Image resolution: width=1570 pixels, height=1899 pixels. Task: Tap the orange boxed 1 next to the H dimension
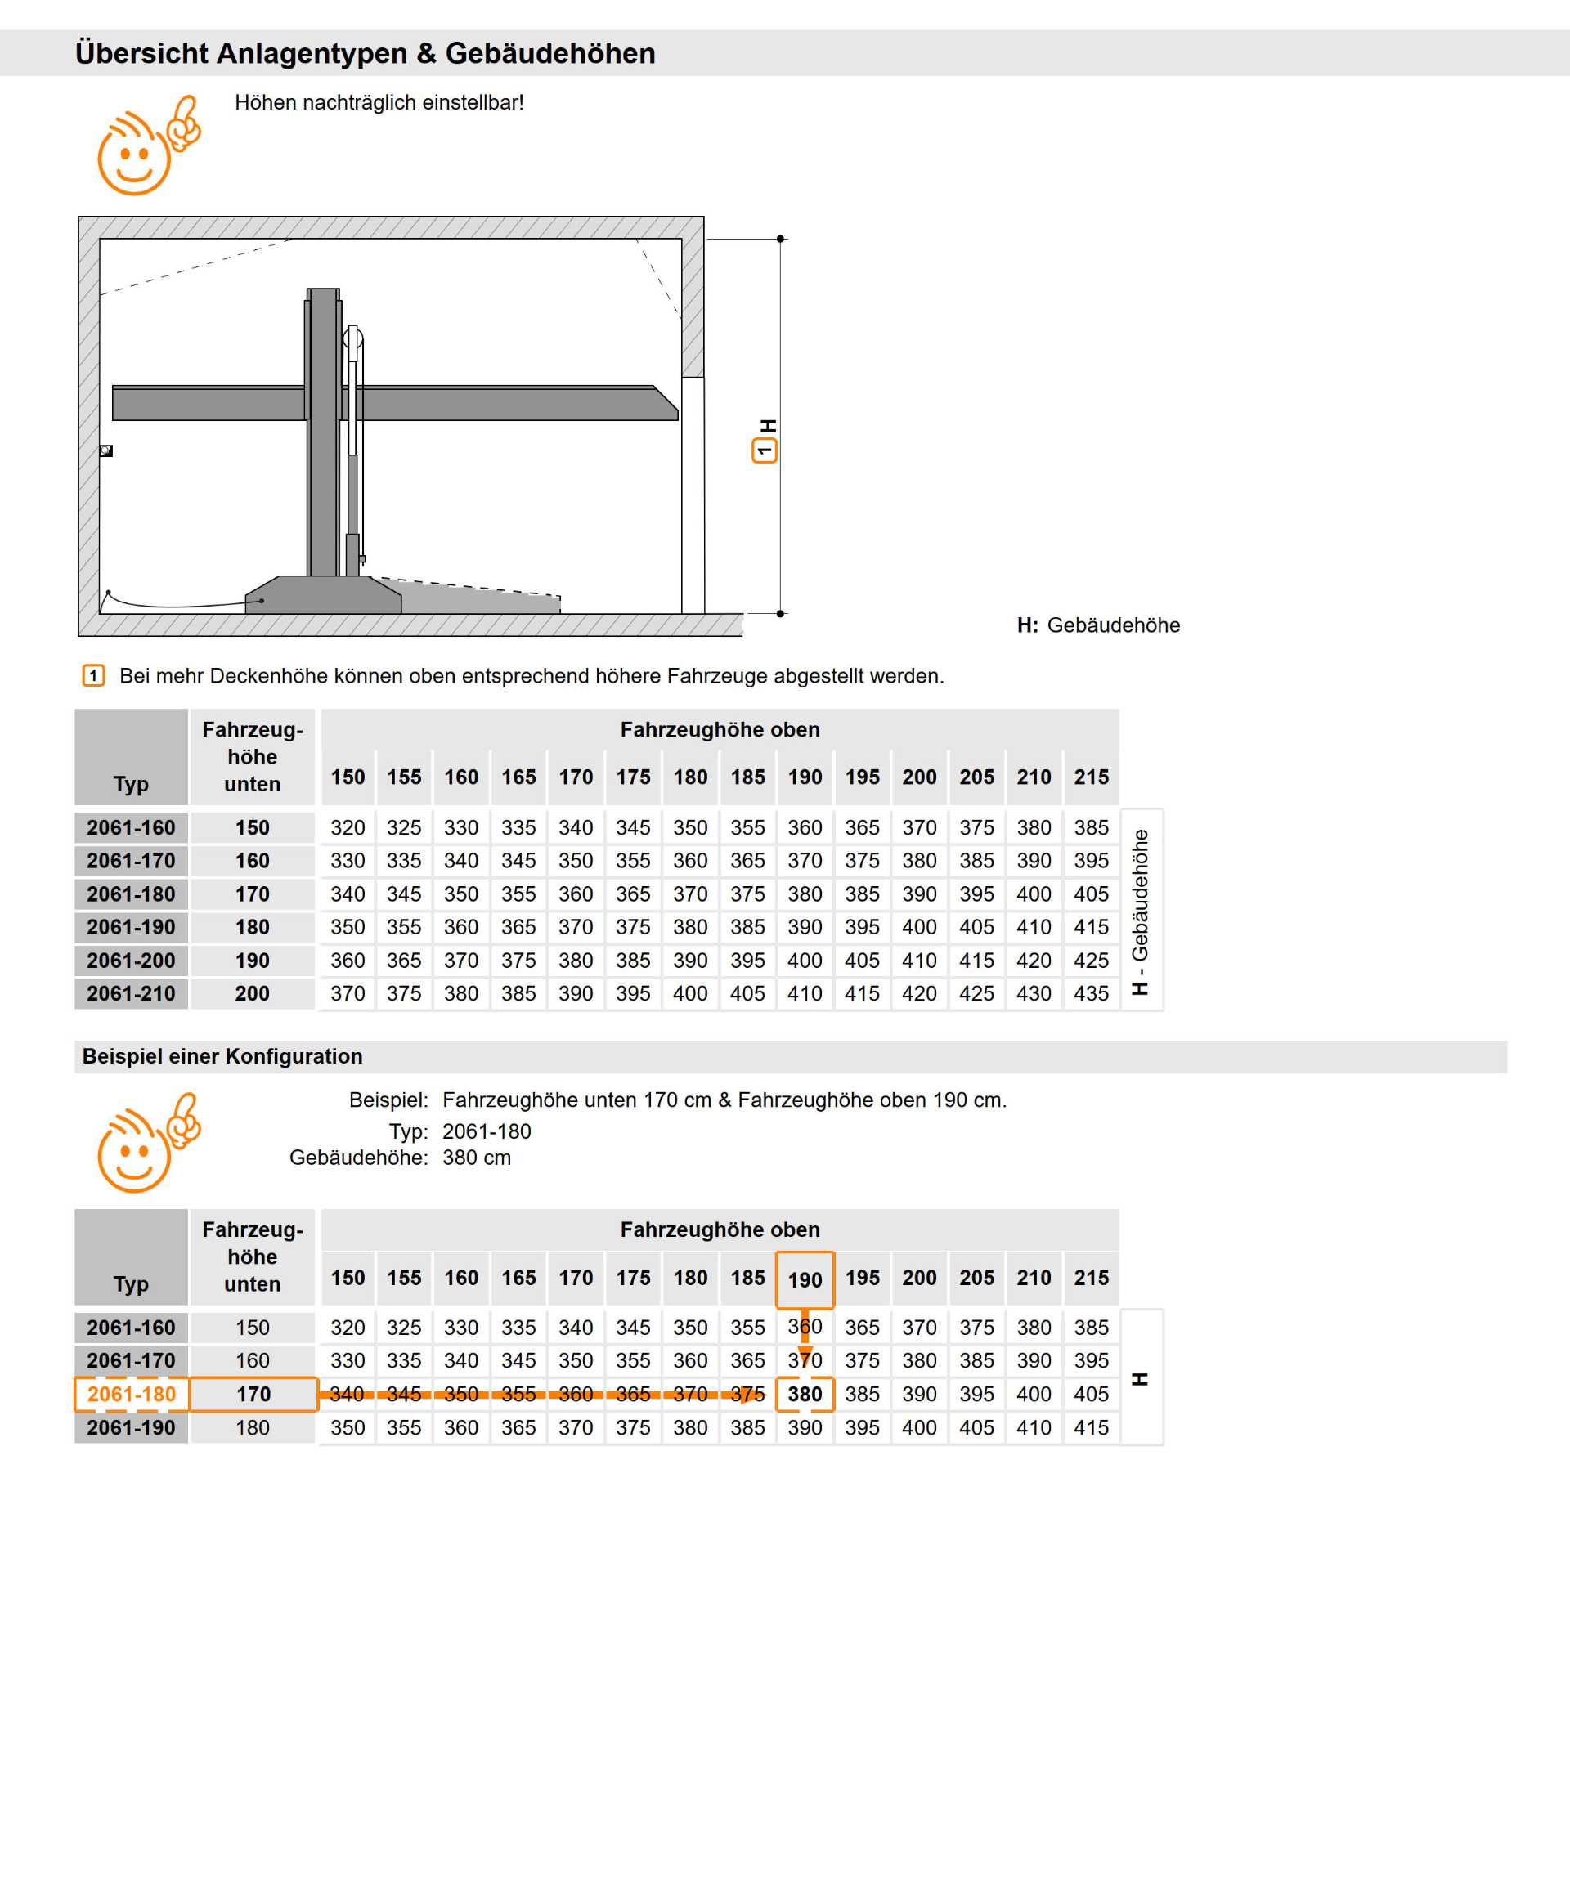tap(765, 450)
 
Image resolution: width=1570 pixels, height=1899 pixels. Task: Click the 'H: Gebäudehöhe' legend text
tap(1098, 625)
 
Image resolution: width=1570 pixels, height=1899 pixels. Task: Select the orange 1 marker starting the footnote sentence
tap(93, 675)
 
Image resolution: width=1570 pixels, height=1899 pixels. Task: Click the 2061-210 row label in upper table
tap(131, 993)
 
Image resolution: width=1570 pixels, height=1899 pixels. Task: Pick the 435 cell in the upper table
tap(1091, 993)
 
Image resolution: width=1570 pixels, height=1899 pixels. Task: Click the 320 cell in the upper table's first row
tap(348, 827)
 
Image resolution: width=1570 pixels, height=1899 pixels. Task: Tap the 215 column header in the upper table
tap(1091, 777)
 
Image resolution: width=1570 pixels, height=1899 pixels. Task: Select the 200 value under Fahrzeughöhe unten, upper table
tap(253, 993)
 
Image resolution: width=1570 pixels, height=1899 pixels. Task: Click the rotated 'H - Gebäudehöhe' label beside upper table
tap(1141, 911)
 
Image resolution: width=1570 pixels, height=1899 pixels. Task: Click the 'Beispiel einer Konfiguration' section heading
tap(222, 1056)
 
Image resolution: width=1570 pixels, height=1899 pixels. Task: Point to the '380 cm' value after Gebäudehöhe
tap(477, 1158)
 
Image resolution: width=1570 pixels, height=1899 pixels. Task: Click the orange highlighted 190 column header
tap(805, 1279)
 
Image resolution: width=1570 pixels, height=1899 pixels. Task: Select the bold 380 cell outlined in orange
tap(805, 1394)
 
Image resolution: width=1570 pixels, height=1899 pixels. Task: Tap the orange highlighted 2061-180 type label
tap(131, 1394)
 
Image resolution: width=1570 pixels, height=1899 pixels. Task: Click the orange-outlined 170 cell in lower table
tap(253, 1394)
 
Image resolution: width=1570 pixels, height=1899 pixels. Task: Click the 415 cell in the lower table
tap(1091, 1427)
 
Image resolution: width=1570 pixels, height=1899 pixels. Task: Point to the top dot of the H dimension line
tap(780, 239)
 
